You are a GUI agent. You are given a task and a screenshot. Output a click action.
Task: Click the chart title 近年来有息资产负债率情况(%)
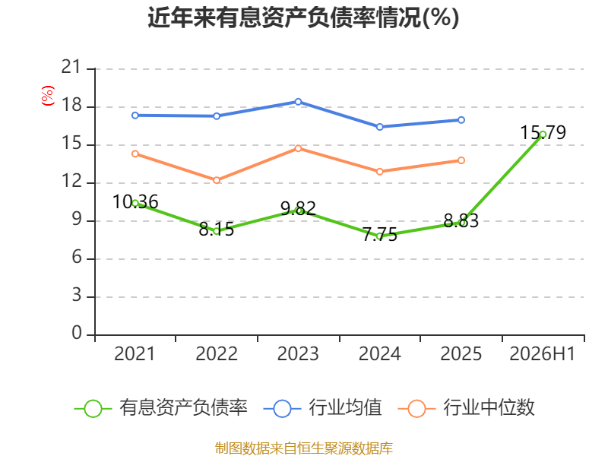[303, 17]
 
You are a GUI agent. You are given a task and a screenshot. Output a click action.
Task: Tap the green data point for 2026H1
[543, 135]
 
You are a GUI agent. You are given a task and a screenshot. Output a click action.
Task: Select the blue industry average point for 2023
[298, 102]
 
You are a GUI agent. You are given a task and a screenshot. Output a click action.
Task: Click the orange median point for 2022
[217, 180]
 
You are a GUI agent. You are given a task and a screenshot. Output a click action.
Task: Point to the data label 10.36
[135, 202]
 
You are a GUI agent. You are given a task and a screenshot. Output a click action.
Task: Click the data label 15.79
[543, 132]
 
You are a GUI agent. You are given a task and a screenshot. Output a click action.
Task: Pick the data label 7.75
[380, 235]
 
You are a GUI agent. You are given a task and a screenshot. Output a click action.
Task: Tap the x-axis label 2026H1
[542, 353]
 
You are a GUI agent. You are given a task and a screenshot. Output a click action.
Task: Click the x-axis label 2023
[298, 353]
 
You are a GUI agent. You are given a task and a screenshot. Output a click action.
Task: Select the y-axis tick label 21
[71, 68]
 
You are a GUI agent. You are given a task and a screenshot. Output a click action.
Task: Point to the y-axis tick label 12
[71, 181]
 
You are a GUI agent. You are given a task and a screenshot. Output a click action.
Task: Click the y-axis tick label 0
[77, 333]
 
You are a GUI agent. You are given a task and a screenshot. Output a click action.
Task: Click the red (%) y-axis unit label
[48, 96]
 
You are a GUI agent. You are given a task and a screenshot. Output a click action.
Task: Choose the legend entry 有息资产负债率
[161, 408]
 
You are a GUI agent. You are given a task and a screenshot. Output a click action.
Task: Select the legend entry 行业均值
[322, 408]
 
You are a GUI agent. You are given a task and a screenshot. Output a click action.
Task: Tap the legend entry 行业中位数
[467, 408]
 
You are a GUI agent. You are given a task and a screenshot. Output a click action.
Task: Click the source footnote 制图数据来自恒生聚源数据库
[304, 448]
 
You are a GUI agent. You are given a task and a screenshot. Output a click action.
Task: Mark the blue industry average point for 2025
[461, 120]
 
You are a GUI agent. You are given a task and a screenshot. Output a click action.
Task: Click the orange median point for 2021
[135, 154]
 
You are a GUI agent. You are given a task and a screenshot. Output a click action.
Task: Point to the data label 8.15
[217, 230]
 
